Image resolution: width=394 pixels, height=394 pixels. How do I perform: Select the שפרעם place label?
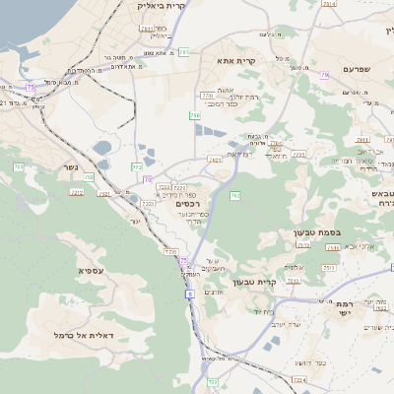[361, 69]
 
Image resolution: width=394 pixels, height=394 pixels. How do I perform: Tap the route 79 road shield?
[324, 75]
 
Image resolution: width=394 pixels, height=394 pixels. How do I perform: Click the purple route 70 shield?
[148, 180]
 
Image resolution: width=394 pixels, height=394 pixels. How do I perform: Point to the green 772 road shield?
[137, 166]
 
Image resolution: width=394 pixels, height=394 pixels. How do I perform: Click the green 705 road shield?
[19, 166]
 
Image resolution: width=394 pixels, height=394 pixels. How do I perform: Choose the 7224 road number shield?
[299, 379]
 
